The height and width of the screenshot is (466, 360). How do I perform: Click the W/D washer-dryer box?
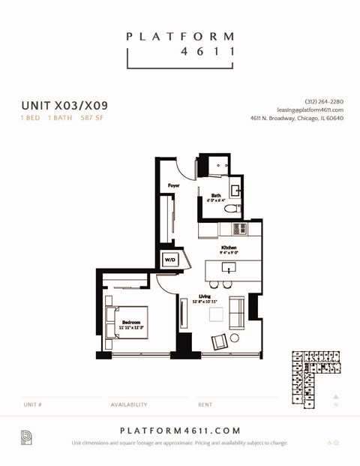click(x=169, y=260)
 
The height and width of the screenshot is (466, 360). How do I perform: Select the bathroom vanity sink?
click(x=235, y=191)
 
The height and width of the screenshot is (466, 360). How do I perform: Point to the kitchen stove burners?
click(x=239, y=229)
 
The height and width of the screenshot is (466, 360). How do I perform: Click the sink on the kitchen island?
click(x=225, y=267)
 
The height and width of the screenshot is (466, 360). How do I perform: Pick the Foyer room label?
click(x=174, y=185)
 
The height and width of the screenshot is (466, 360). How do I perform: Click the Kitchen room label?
click(x=229, y=248)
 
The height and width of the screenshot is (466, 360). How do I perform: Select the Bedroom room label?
click(x=132, y=322)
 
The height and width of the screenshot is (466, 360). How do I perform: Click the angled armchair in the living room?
click(x=219, y=341)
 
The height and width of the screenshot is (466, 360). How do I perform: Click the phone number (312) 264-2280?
click(x=324, y=101)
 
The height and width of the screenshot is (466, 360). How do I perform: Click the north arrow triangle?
click(x=336, y=396)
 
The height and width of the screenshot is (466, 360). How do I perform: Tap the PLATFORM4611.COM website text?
click(x=180, y=431)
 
